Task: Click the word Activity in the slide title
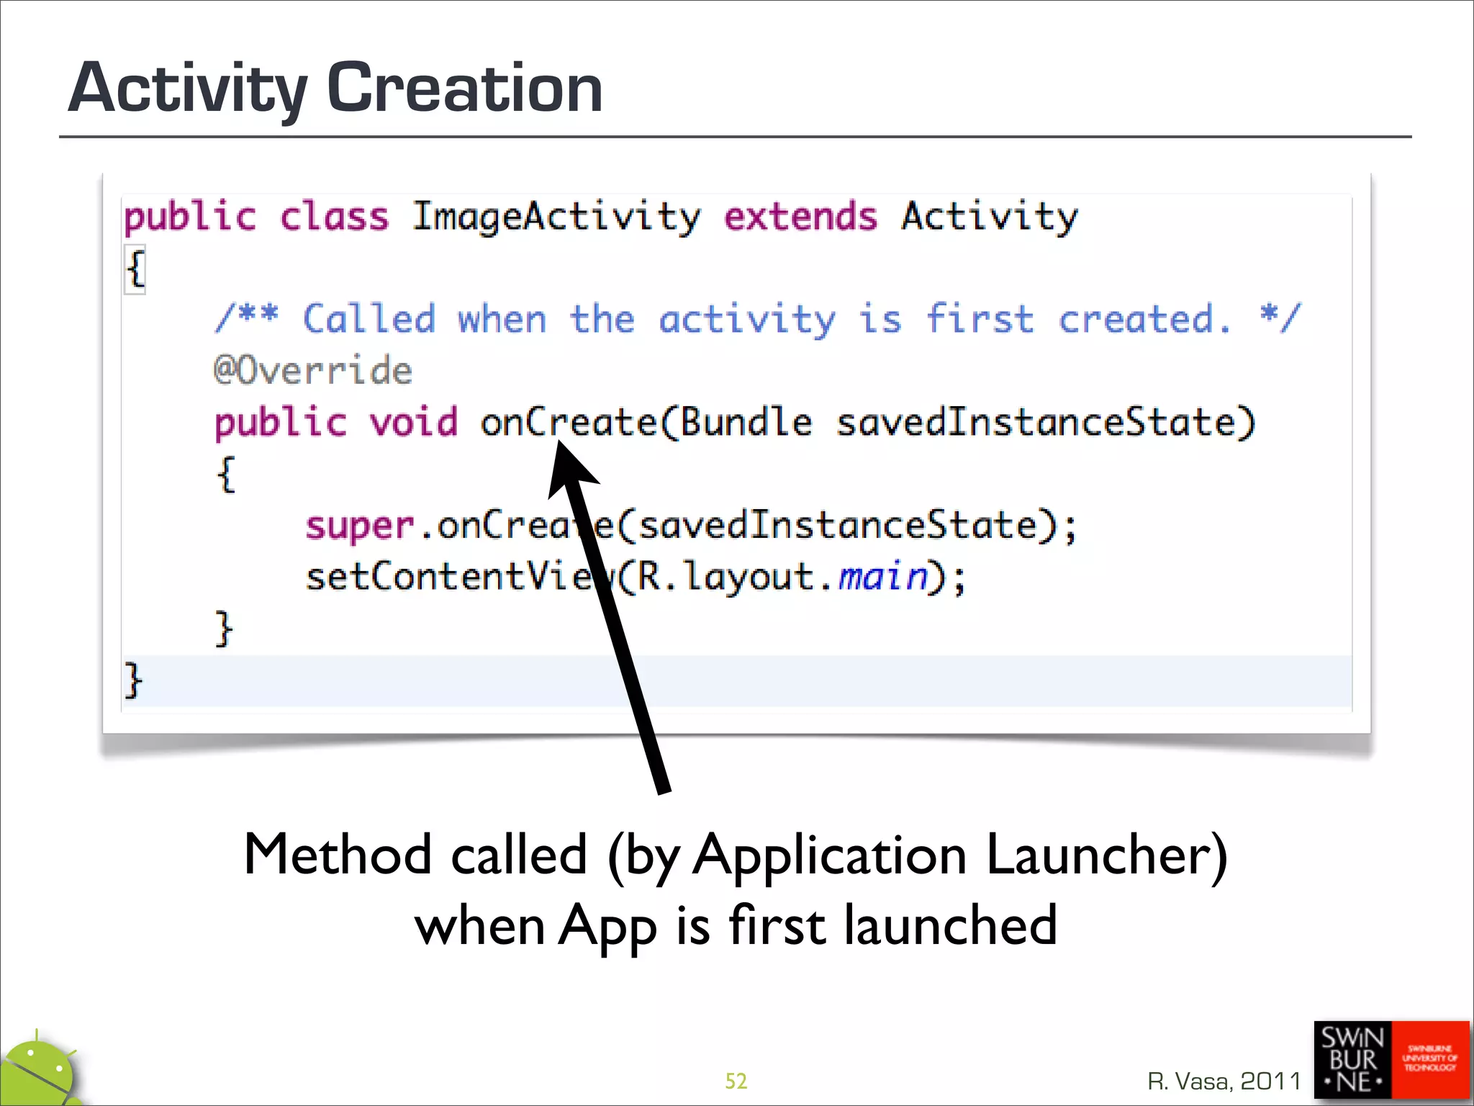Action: click(x=187, y=90)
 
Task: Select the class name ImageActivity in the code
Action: click(x=556, y=217)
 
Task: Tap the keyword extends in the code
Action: click(x=800, y=217)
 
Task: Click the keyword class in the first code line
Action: click(x=334, y=217)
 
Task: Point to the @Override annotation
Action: click(x=313, y=371)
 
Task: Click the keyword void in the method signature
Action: click(x=413, y=422)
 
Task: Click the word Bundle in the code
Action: click(x=746, y=422)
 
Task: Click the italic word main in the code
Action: click(x=884, y=577)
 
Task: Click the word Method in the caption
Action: click(x=338, y=855)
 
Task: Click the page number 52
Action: click(x=736, y=1081)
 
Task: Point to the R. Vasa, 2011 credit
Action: click(x=1224, y=1081)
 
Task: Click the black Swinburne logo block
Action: click(x=1352, y=1059)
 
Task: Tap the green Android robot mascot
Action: click(x=40, y=1073)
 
